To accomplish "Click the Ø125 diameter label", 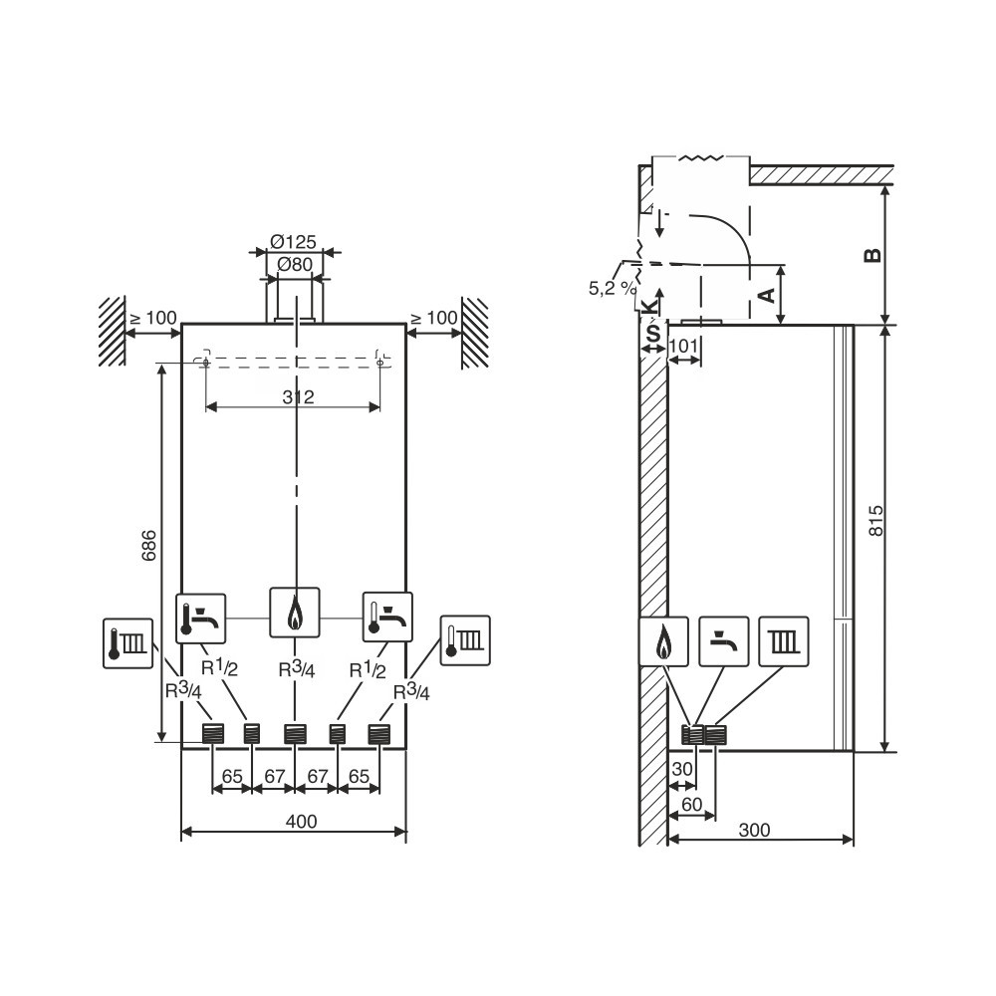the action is point(293,241).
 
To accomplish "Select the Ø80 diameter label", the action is point(295,264).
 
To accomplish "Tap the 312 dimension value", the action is point(298,397).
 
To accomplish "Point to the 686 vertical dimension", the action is point(148,545).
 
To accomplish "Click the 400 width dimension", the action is point(301,822).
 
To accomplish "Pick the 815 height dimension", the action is point(875,521).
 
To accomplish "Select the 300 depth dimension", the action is point(755,830).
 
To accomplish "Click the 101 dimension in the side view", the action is point(683,347).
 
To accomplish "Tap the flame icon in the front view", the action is point(295,613).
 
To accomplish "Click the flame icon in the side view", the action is point(663,641).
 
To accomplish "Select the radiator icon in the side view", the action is point(784,641).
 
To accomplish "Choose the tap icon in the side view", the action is point(724,641).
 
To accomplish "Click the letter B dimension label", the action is point(873,255).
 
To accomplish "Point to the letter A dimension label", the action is point(767,296).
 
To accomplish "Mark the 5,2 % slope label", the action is point(612,289).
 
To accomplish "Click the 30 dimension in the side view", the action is point(681,769).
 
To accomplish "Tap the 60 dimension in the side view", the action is point(691,804).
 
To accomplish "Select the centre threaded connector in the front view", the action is point(295,734).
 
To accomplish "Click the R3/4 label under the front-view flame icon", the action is point(297,669).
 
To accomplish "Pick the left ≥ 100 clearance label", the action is point(153,318).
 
